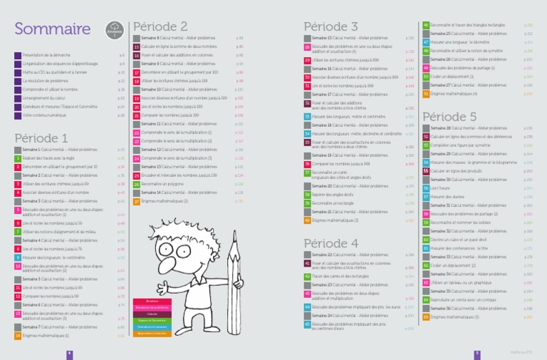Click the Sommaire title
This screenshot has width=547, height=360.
pyautogui.click(x=47, y=29)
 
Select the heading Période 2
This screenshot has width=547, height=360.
pyautogui.click(x=160, y=26)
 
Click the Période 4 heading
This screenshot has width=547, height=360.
pyautogui.click(x=330, y=243)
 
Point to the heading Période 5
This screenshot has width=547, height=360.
pyautogui.click(x=449, y=116)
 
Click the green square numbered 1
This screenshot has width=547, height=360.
pyautogui.click(x=17, y=158)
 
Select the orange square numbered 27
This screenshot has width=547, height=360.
pyautogui.click(x=136, y=201)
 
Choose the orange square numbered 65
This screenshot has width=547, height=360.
pyautogui.click(x=426, y=317)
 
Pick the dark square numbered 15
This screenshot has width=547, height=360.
pyautogui.click(x=136, y=46)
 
